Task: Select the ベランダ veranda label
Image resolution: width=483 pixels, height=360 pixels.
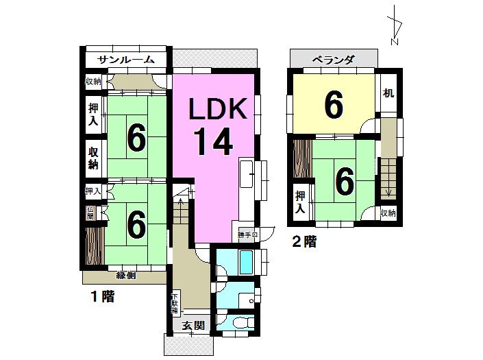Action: coord(333,60)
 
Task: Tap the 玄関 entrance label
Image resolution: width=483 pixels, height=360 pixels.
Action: coord(194,325)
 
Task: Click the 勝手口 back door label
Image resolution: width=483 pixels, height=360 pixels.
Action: coord(247,235)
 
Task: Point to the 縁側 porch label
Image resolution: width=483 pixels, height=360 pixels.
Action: coord(125,276)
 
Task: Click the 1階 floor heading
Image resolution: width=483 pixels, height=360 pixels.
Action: coord(102,298)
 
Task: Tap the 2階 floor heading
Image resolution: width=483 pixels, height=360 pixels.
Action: coord(304,241)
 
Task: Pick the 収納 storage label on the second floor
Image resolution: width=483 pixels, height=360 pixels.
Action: coord(388,213)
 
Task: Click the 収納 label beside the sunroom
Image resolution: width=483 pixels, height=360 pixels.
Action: coord(93,82)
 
